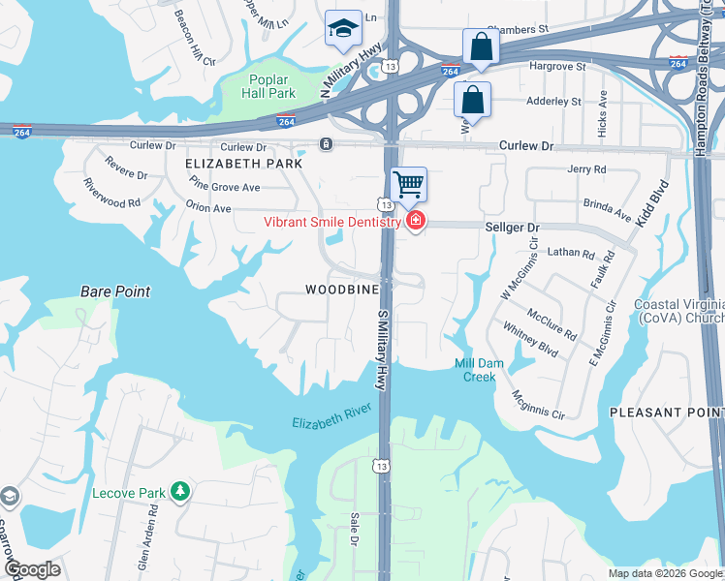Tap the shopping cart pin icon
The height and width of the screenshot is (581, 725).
pyautogui.click(x=409, y=184)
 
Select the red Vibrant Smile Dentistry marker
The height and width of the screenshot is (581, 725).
pyautogui.click(x=416, y=222)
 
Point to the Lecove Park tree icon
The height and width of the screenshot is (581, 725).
pyautogui.click(x=179, y=492)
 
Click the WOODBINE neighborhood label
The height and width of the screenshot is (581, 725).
pyautogui.click(x=341, y=290)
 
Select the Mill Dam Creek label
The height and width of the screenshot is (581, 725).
pyautogui.click(x=476, y=370)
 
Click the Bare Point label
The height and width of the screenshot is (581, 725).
pyautogui.click(x=112, y=290)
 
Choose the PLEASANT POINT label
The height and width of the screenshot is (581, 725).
pyautogui.click(x=666, y=413)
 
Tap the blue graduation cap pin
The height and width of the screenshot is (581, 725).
pyautogui.click(x=342, y=29)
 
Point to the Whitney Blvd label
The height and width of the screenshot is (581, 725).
pyautogui.click(x=531, y=342)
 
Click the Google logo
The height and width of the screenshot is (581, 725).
pyautogui.click(x=32, y=569)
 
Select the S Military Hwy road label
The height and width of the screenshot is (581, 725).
pyautogui.click(x=381, y=346)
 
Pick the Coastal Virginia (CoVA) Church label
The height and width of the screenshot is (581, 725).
pyautogui.click(x=678, y=312)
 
